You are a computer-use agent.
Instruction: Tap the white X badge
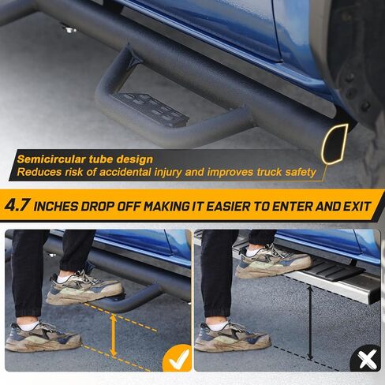[x=365, y=361]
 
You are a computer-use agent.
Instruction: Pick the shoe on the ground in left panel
[x=43, y=336]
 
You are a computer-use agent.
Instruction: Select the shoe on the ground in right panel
[x=233, y=336]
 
